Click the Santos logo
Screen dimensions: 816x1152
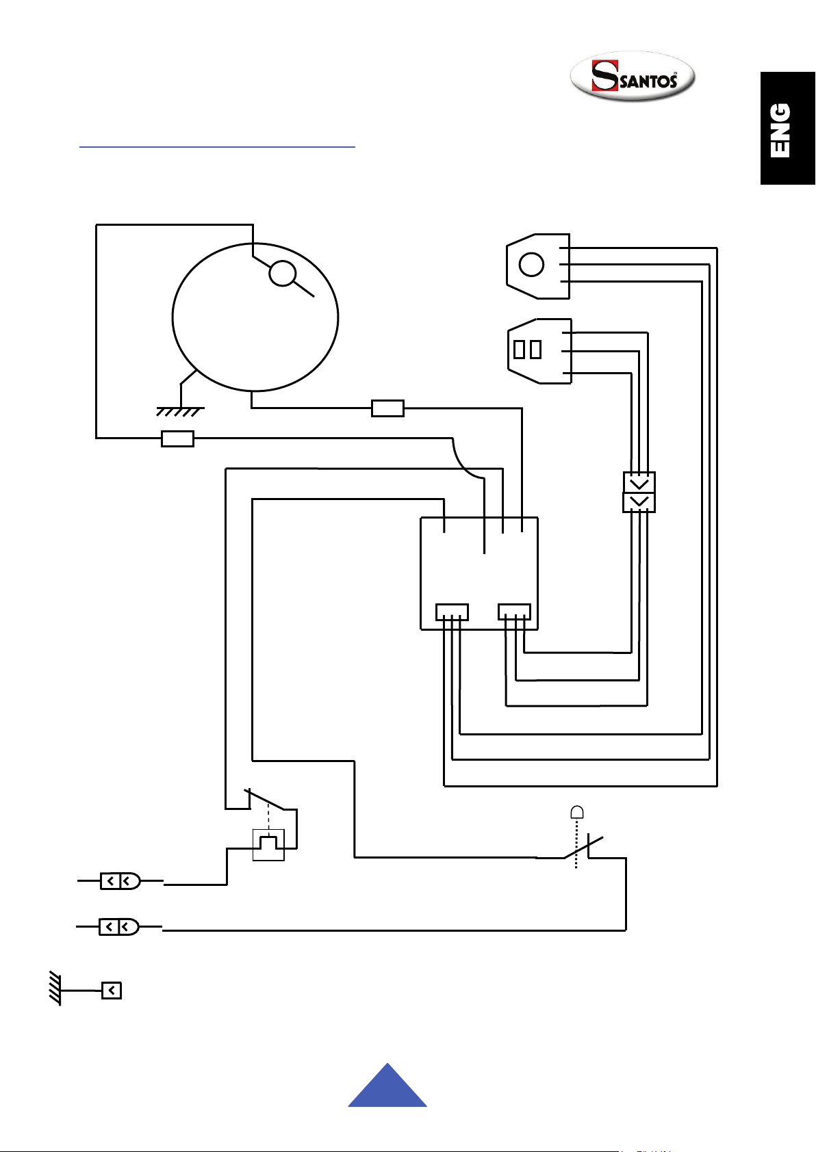tap(633, 76)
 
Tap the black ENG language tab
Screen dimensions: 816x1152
tap(787, 128)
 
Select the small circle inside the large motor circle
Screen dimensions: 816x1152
tap(283, 273)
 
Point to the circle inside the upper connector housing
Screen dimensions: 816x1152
tap(531, 265)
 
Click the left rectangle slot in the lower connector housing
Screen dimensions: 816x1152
tap(519, 350)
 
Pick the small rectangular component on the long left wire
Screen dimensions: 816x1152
tap(177, 438)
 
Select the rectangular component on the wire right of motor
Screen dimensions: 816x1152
tap(387, 408)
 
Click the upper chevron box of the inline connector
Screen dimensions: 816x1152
tap(639, 482)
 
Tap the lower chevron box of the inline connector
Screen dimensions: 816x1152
tap(639, 502)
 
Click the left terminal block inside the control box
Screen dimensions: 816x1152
tap(452, 612)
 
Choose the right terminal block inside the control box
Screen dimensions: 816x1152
tap(515, 612)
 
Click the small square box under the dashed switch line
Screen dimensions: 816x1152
tap(268, 845)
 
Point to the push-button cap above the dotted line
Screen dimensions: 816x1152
tap(577, 812)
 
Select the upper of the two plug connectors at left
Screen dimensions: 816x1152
tap(120, 881)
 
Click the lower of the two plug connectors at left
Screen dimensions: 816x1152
tap(119, 927)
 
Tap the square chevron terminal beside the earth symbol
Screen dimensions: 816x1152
tap(112, 991)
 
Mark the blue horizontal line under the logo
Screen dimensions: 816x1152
tap(217, 147)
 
